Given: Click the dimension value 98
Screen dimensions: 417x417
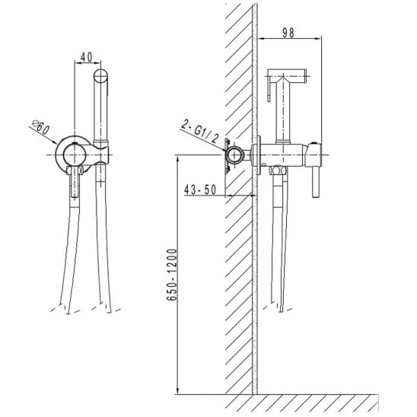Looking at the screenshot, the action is point(288,33).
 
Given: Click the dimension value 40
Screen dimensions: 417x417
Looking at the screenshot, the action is point(87,57).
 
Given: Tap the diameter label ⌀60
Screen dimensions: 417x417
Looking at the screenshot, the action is point(40,127).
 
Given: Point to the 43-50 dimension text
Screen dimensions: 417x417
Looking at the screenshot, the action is point(200,189).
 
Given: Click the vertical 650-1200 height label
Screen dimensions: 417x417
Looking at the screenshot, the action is point(172,275).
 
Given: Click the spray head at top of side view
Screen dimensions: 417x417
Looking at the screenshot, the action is point(287,76).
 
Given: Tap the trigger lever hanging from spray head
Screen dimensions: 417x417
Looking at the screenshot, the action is point(269,89).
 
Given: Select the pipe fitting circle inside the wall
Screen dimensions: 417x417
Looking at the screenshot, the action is point(234,154).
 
